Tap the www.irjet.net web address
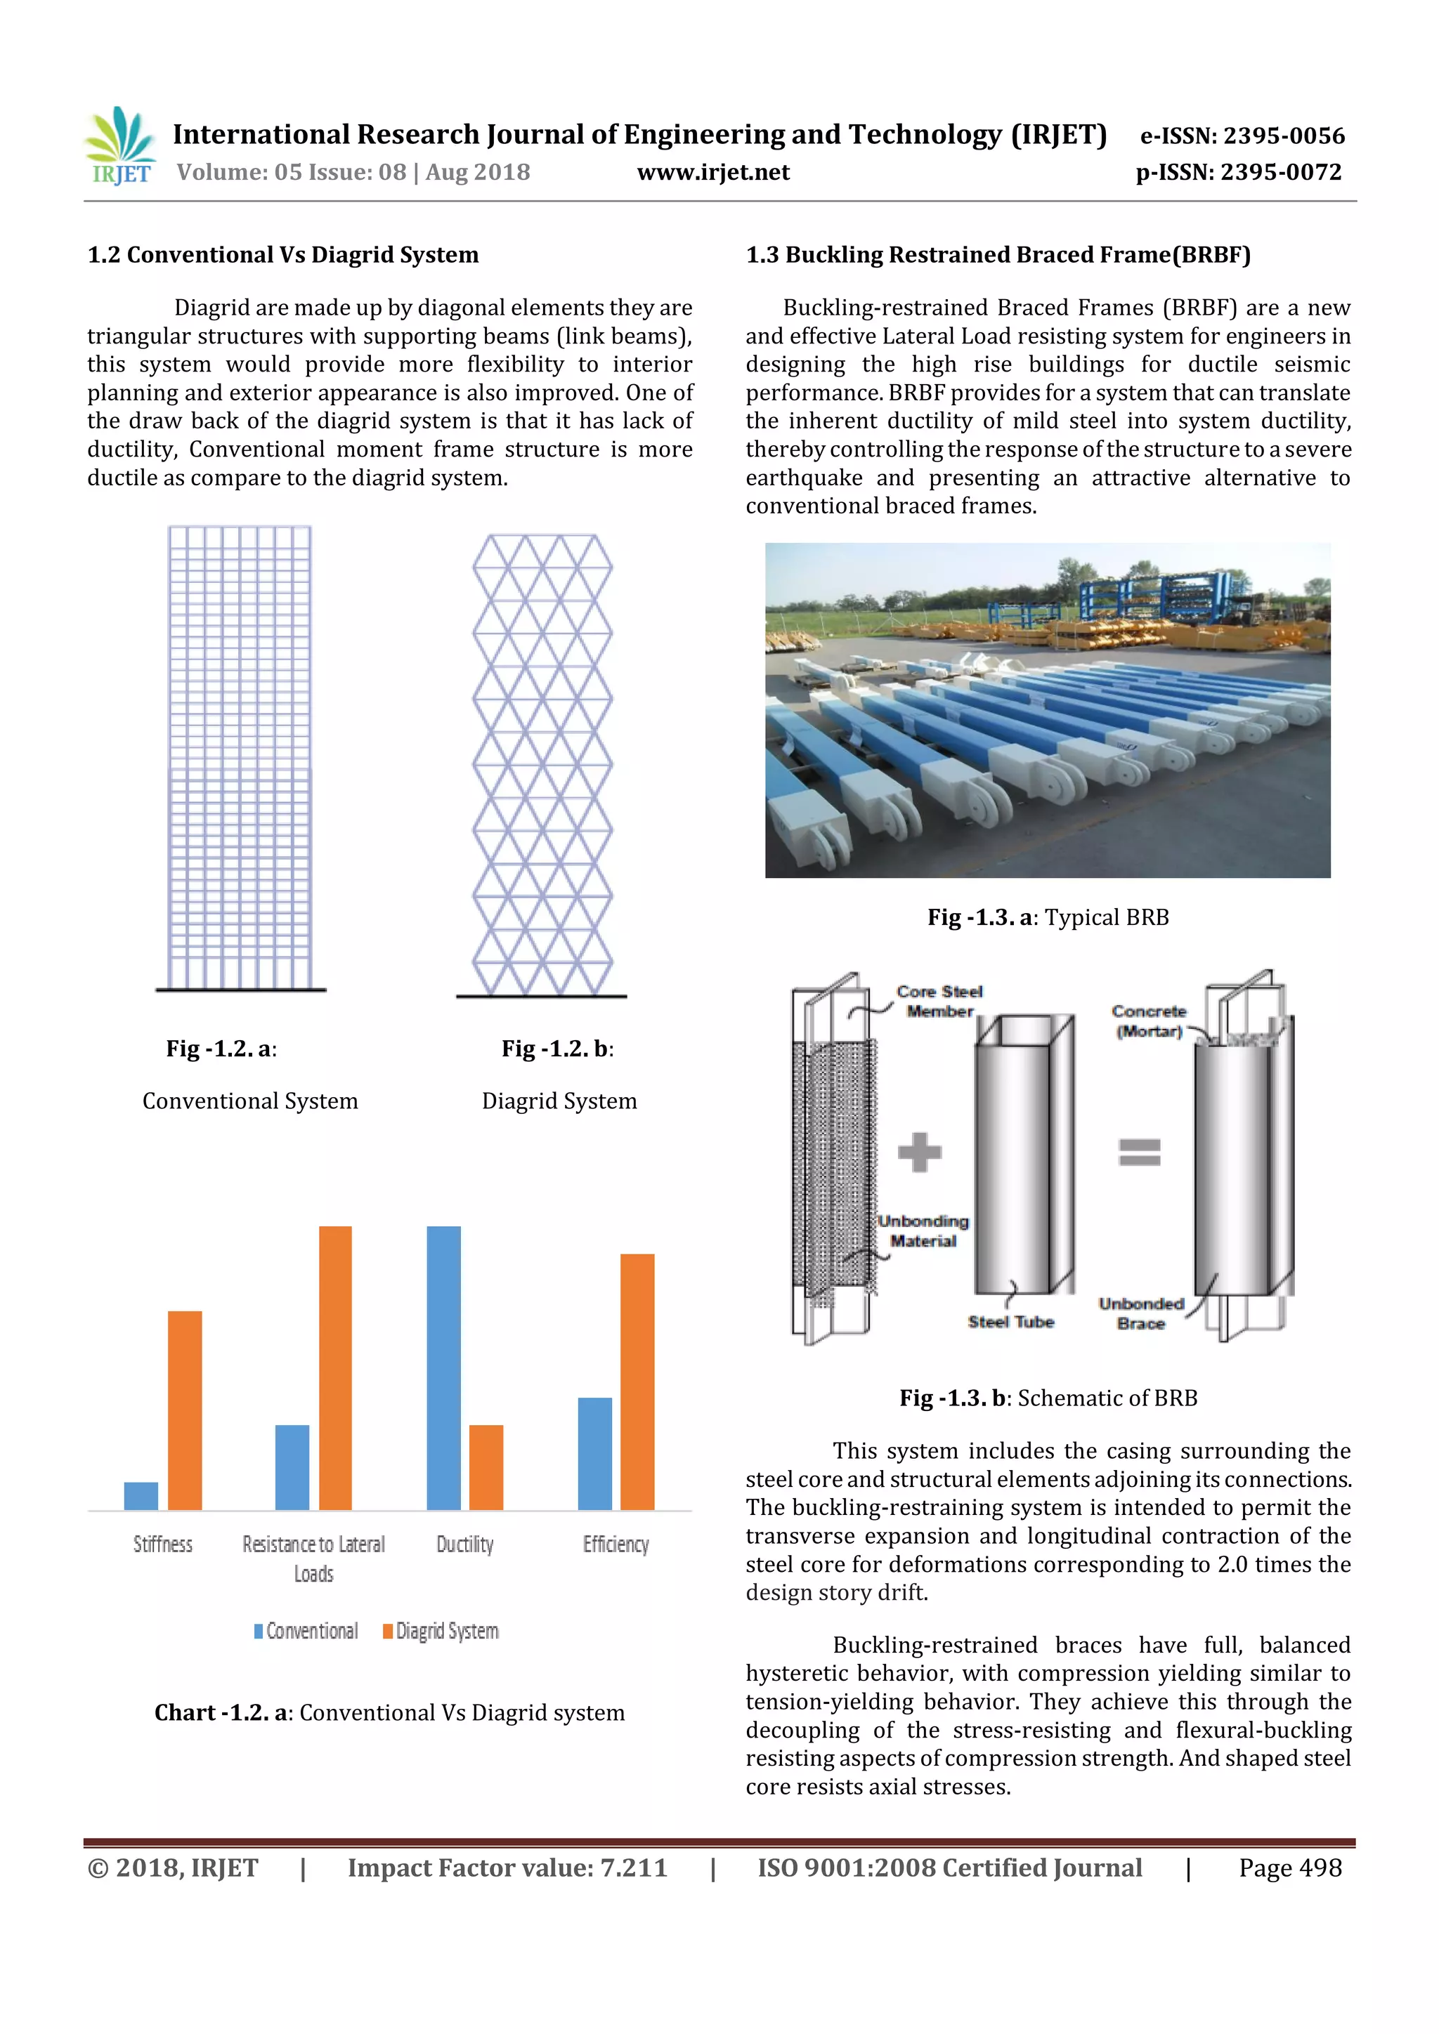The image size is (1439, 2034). coord(712,172)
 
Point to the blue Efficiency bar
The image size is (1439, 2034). coord(594,1453)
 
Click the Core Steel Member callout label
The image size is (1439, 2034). coord(939,1001)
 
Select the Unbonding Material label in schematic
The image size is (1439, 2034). coord(923,1231)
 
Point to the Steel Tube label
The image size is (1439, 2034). coord(1010,1322)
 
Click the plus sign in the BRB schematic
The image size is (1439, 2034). coord(919,1152)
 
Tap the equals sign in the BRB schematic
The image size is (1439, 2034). coord(1140,1152)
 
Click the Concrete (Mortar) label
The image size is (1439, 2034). coord(1150,1021)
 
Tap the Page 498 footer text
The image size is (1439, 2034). coord(1290,1868)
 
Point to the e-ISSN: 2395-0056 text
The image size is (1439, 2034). coord(1242,136)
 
